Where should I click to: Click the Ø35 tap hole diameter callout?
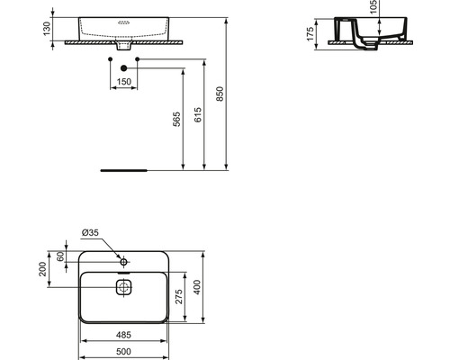pos(90,233)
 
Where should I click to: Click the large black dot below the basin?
pos(123,68)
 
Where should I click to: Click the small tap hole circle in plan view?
pos(123,262)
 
